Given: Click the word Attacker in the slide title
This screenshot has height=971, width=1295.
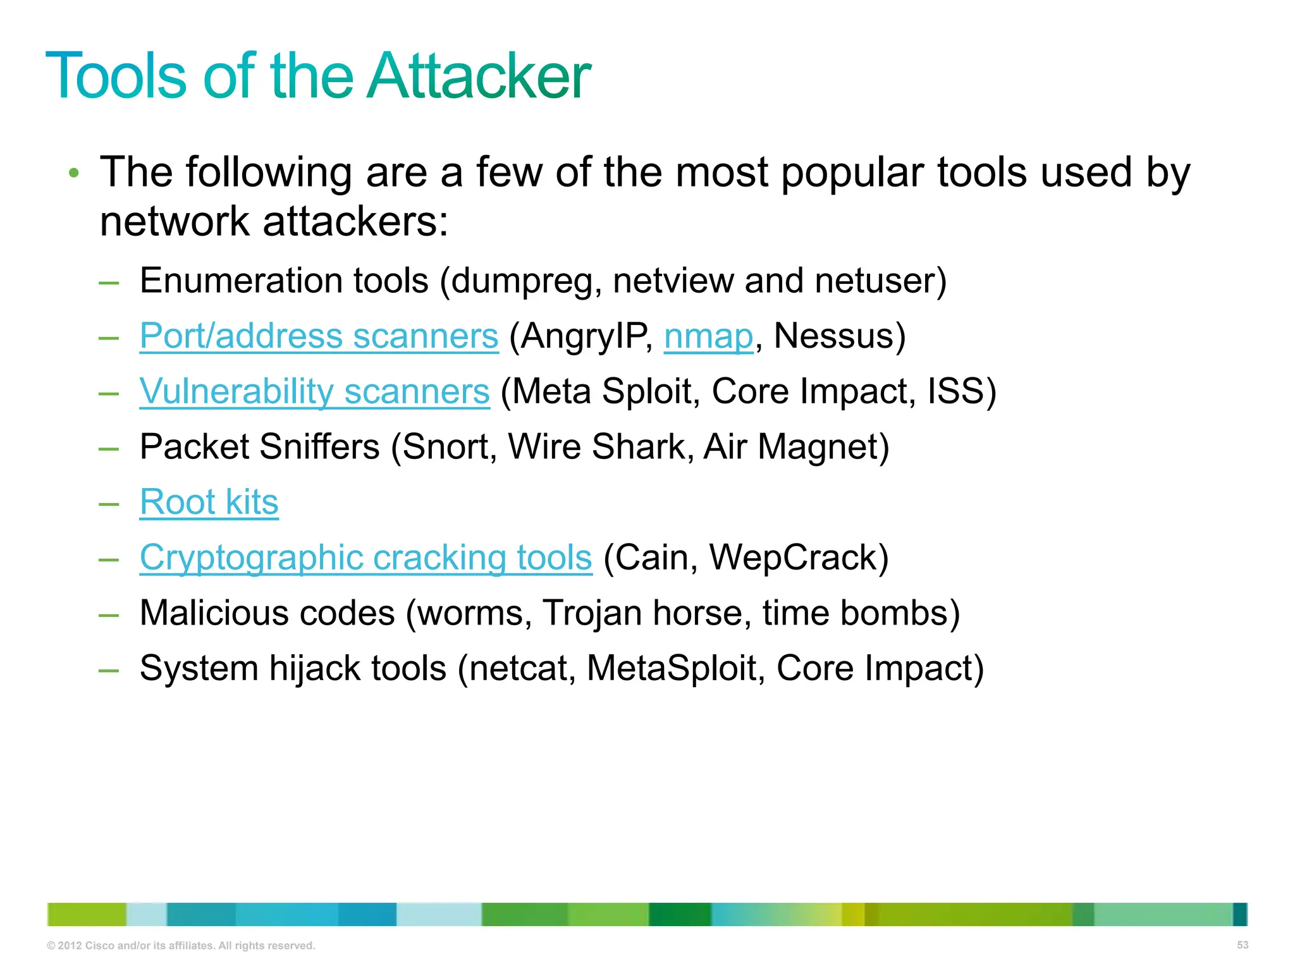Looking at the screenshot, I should (479, 76).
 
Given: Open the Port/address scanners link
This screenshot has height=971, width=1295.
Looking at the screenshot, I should (319, 336).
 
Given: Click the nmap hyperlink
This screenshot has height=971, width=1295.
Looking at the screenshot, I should (708, 336).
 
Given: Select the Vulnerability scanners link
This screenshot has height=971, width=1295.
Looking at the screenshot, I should (314, 391).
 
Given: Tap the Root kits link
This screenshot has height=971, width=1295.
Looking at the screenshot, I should (209, 503).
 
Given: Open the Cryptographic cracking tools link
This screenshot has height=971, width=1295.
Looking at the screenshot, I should (365, 558).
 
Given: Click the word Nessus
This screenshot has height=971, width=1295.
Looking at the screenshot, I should (833, 336).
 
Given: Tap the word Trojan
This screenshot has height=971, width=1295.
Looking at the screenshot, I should (592, 613).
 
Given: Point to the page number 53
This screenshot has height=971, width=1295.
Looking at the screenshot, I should (1243, 945).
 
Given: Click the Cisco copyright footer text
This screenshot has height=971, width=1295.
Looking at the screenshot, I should (181, 946).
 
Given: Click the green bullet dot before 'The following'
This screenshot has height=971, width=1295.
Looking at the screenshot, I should (74, 173).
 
